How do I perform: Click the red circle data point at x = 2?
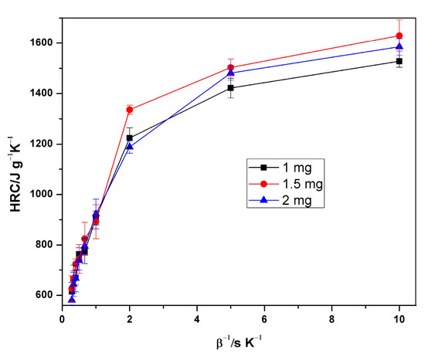(x=130, y=110)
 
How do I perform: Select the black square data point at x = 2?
(x=130, y=138)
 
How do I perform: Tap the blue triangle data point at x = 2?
(x=130, y=146)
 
